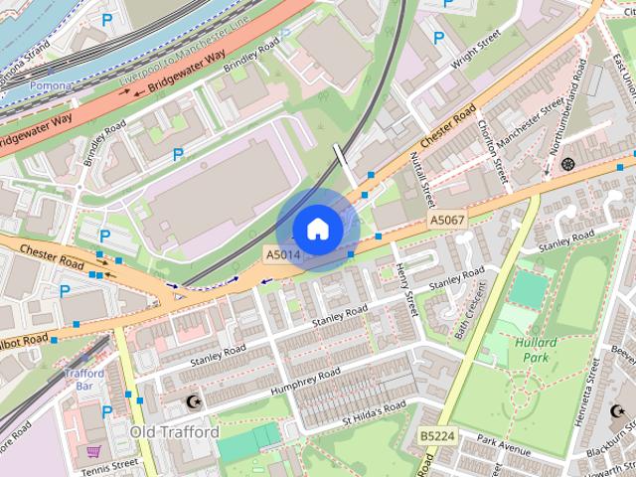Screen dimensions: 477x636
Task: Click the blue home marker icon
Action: click(317, 230)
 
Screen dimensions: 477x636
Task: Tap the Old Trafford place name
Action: click(174, 432)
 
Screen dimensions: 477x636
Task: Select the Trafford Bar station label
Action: click(83, 380)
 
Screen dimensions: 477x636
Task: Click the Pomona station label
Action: click(50, 86)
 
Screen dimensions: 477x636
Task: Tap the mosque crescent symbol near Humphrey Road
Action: click(194, 402)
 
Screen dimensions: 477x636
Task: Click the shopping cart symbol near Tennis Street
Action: click(93, 451)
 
